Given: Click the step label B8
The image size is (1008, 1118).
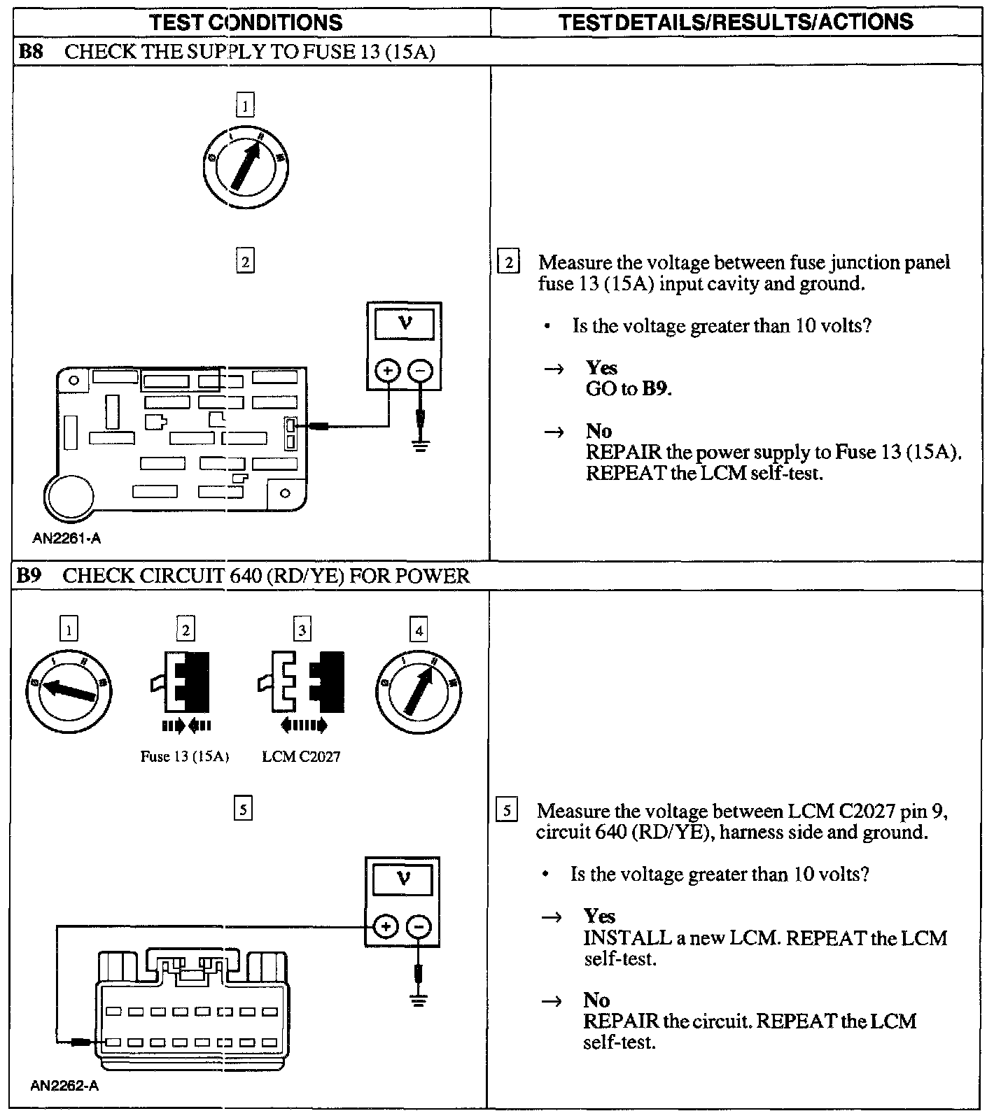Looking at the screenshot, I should pyautogui.click(x=29, y=51).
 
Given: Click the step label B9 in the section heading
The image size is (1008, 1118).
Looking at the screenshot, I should pyautogui.click(x=29, y=576).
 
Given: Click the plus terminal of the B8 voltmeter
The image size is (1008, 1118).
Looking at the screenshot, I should pyautogui.click(x=387, y=370).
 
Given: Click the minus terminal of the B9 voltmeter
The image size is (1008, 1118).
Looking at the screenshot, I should pyautogui.click(x=419, y=927).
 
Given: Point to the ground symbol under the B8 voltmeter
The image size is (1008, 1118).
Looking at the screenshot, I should pyautogui.click(x=419, y=444).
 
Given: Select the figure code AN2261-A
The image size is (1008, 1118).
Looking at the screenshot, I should pyautogui.click(x=66, y=538).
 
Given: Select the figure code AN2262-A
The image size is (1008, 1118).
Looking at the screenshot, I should pyautogui.click(x=64, y=1087).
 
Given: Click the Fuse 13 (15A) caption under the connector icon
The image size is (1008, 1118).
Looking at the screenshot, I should pyautogui.click(x=185, y=756).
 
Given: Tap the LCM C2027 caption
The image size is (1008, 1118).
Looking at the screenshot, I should pyautogui.click(x=301, y=756).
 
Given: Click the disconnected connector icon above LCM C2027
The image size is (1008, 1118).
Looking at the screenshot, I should pyautogui.click(x=302, y=682).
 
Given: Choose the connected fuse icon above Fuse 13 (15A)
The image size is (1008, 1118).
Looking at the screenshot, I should pyautogui.click(x=183, y=682).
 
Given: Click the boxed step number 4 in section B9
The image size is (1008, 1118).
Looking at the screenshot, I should pyautogui.click(x=419, y=630).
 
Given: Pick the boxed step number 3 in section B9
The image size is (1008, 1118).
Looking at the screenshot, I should pyautogui.click(x=302, y=630).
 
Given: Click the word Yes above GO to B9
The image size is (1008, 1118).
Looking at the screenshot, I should pyautogui.click(x=601, y=368).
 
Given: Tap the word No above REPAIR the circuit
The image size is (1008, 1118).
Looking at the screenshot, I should pyautogui.click(x=596, y=1000).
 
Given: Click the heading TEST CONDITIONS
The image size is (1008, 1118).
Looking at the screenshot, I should pyautogui.click(x=246, y=22).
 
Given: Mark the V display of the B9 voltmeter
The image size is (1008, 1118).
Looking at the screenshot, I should pyautogui.click(x=402, y=879).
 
